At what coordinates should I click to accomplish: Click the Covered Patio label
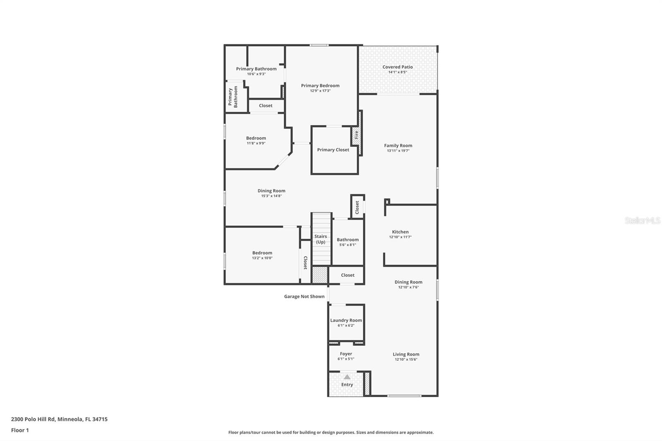coord(397,67)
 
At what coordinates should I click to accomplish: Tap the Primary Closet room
coord(333,150)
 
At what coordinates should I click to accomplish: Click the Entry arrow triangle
coord(347,377)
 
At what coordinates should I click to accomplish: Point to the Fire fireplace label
coord(356,134)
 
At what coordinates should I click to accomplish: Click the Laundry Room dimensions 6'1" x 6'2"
coord(346,326)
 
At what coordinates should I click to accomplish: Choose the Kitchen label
coord(400,232)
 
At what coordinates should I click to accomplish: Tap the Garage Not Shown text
coord(304,297)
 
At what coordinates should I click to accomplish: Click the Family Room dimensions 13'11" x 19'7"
coord(398,151)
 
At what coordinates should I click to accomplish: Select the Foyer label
coord(346,354)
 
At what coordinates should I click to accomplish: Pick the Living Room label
coord(406,354)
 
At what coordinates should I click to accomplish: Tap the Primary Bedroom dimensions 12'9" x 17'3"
coord(320,91)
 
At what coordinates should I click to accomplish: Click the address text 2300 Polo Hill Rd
coord(59,419)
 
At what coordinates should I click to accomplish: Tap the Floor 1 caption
coord(20,430)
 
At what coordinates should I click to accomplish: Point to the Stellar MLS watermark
coord(642,220)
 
